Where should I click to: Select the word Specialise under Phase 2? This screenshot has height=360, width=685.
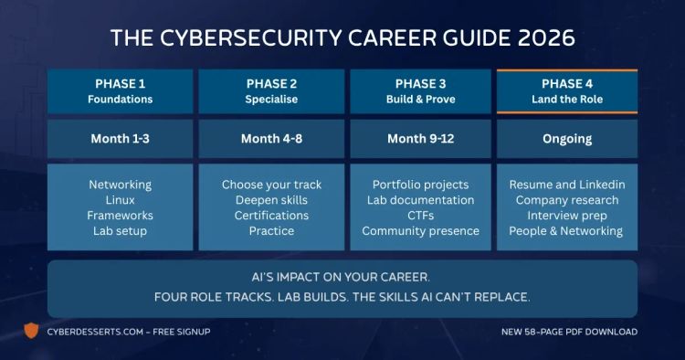coord(270,99)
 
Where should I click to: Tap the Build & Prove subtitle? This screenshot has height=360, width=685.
coord(420,99)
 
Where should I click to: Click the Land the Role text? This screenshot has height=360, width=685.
coord(566,99)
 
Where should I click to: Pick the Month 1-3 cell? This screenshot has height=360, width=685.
coord(121,140)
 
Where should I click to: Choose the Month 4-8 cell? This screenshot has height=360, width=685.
coord(270,140)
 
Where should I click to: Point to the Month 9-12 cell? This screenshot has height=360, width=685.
coord(420,140)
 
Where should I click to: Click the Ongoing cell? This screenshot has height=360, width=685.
coord(566,140)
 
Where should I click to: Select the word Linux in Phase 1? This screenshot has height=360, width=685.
coord(121,200)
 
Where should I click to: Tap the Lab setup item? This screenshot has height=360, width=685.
coord(121,231)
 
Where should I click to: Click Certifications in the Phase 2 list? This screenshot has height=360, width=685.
coord(271,216)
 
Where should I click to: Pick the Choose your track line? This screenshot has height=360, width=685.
coord(271,185)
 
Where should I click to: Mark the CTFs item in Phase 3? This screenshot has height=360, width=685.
coord(420,216)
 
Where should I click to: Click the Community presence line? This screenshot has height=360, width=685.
coord(420,231)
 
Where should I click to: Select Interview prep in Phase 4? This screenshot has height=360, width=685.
coord(566,216)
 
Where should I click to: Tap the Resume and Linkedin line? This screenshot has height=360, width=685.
coord(566,185)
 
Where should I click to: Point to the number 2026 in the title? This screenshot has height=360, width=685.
coord(543,38)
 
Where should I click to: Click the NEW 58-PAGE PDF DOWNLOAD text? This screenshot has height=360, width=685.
coord(570,332)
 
